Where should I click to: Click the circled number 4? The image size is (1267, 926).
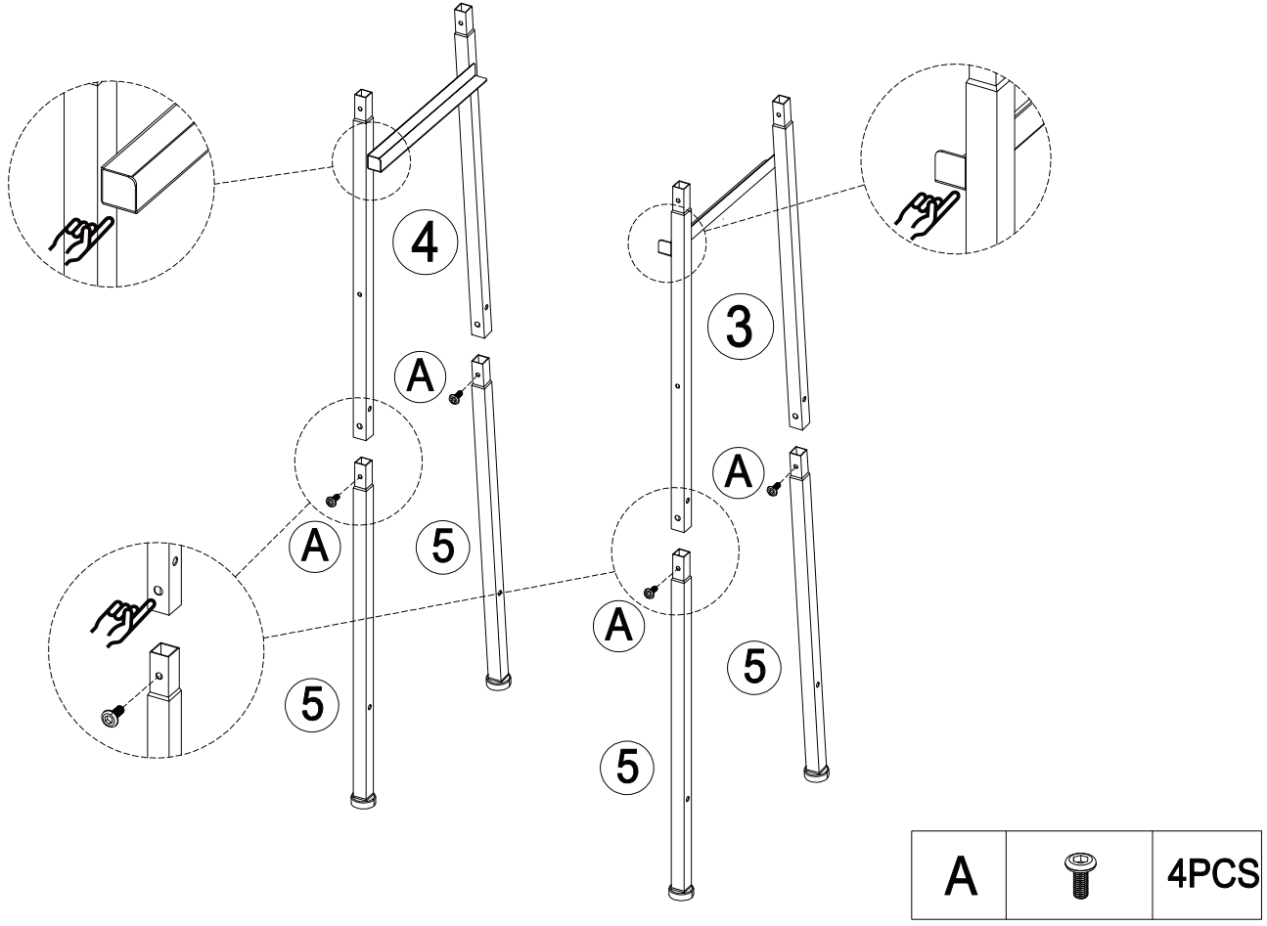pyautogui.click(x=425, y=244)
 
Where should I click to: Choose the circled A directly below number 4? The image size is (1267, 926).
pyautogui.click(x=420, y=377)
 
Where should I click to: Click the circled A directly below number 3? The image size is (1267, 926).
pyautogui.click(x=740, y=473)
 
